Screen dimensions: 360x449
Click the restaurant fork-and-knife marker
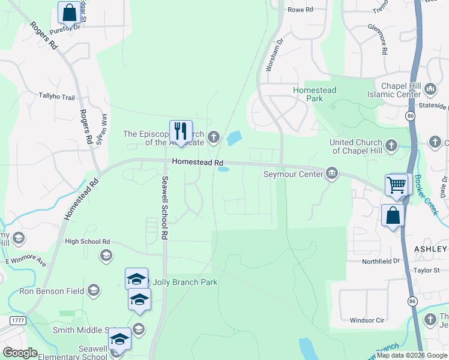(180, 130)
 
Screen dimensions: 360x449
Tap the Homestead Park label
(315, 94)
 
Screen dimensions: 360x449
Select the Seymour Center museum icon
(331, 174)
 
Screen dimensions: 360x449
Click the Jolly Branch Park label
(185, 282)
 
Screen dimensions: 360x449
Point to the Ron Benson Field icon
(93, 291)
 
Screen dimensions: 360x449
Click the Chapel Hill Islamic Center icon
(430, 89)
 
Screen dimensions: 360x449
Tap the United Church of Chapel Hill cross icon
(391, 145)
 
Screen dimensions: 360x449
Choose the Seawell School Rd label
(163, 206)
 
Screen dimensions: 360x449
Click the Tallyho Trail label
(56, 97)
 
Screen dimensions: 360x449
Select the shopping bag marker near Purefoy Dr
(69, 12)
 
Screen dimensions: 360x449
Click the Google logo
(20, 352)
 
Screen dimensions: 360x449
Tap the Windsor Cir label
(367, 320)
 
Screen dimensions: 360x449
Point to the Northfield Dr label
(381, 262)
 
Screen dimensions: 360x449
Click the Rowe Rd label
(301, 10)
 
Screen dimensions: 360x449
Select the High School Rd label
(88, 241)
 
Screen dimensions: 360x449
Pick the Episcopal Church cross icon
(213, 138)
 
